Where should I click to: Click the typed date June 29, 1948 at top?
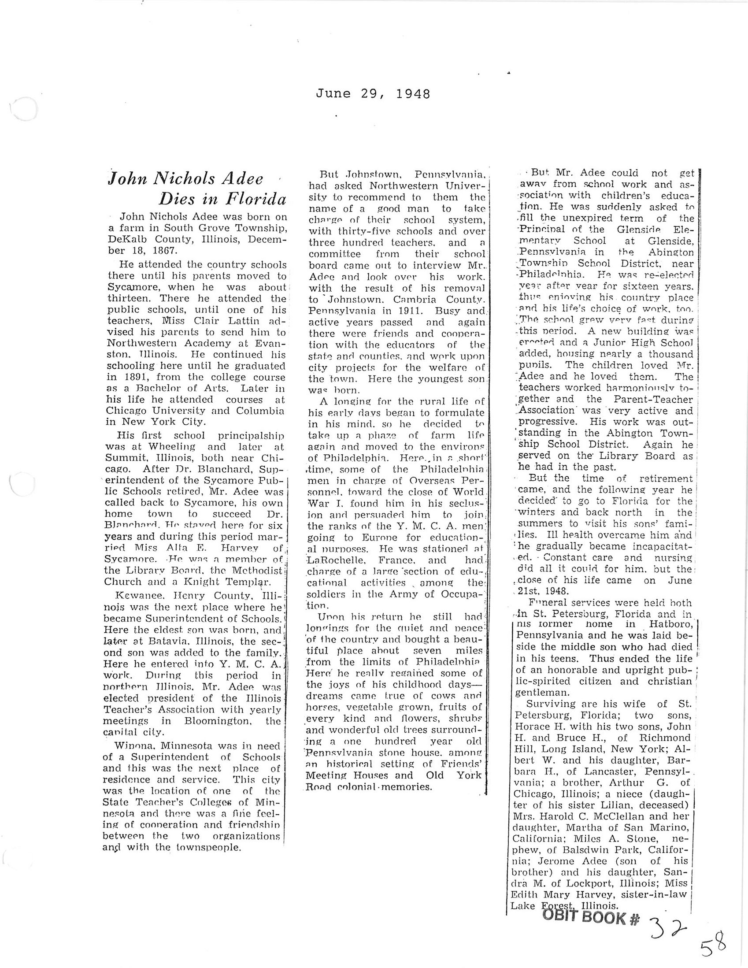pyautogui.click(x=373, y=94)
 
